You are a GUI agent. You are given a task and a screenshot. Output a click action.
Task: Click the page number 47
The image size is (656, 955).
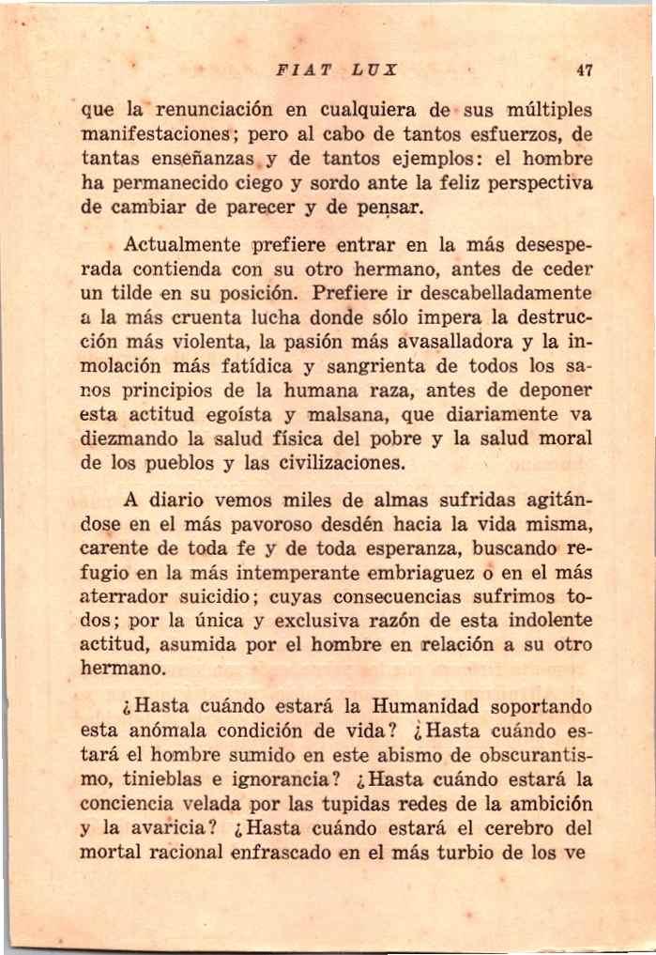[587, 69]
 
